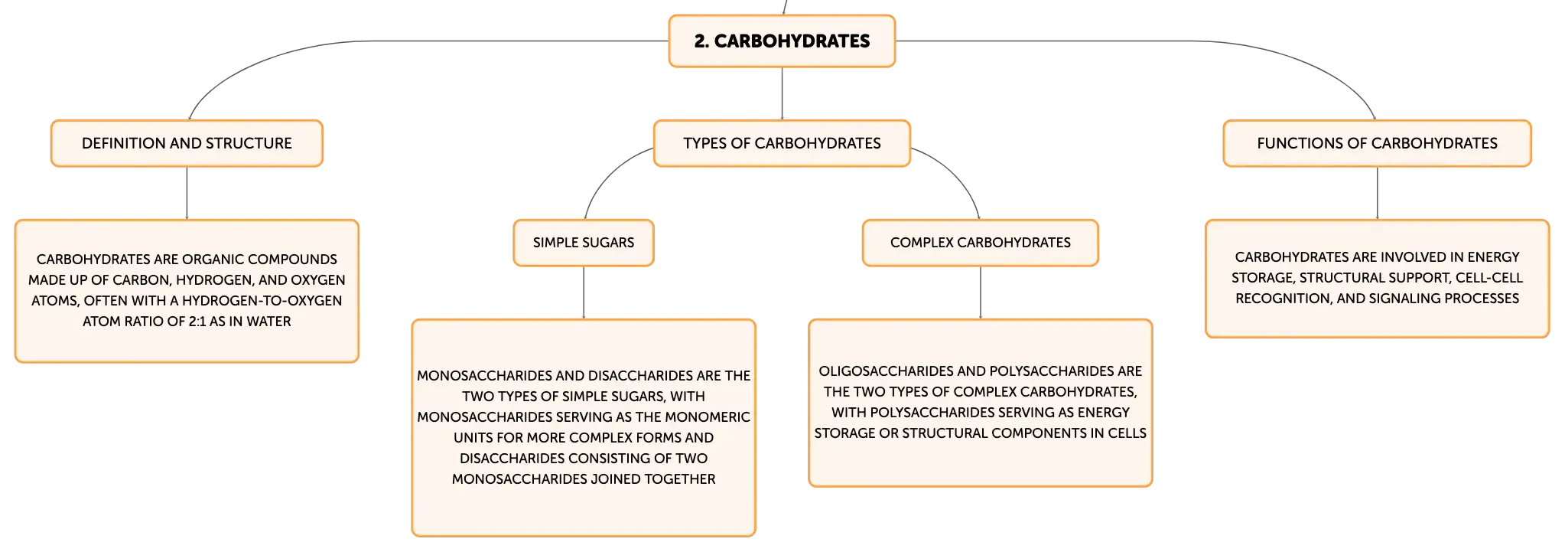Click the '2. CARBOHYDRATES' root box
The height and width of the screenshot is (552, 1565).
(x=782, y=41)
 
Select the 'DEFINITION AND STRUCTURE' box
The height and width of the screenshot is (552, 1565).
(x=187, y=143)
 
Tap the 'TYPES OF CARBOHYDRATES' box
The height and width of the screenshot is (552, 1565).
(x=782, y=143)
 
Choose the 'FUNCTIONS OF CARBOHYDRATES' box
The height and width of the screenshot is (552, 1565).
(x=1377, y=143)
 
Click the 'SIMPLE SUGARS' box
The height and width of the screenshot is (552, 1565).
(x=584, y=243)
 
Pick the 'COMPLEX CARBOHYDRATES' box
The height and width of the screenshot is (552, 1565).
(x=981, y=243)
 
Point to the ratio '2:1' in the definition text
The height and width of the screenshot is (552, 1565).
(x=197, y=322)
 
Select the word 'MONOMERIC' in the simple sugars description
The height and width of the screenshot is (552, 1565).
(x=707, y=417)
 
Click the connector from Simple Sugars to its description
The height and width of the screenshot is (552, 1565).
(x=584, y=292)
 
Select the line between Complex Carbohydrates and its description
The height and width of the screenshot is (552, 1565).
(x=981, y=292)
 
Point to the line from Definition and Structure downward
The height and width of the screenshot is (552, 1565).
(x=187, y=193)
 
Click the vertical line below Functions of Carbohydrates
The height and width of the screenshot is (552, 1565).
(x=1378, y=193)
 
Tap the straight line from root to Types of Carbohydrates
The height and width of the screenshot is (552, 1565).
(x=782, y=93)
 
